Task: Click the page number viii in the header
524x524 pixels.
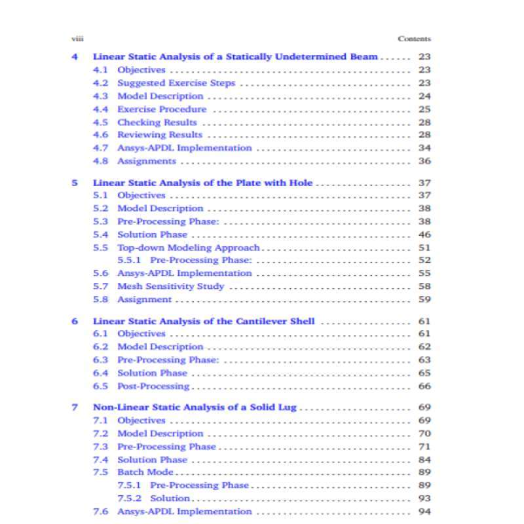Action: (x=76, y=39)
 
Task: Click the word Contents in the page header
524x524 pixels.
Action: (x=414, y=39)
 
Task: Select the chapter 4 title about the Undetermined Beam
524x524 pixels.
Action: (x=235, y=57)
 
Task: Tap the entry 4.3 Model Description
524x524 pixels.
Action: (x=160, y=96)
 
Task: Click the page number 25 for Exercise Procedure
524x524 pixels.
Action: (x=424, y=109)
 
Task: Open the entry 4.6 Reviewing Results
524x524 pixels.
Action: (x=159, y=135)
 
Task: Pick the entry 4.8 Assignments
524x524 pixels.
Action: (x=146, y=161)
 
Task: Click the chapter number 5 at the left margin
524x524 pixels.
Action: (x=75, y=183)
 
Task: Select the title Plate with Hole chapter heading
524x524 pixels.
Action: (x=202, y=183)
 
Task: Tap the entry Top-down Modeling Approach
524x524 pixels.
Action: (x=188, y=248)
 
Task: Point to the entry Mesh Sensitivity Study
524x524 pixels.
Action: (x=170, y=286)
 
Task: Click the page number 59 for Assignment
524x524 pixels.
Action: (x=424, y=299)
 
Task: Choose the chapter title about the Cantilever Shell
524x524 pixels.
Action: (x=204, y=322)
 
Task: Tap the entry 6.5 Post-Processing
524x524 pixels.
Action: (x=153, y=386)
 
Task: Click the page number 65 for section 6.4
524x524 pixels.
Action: (x=424, y=373)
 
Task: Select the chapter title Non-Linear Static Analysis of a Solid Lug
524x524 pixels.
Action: (x=195, y=407)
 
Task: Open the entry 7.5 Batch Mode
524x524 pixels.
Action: (x=145, y=472)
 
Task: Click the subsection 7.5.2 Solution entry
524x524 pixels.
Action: (x=170, y=498)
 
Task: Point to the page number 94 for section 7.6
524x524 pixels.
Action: (x=424, y=512)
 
